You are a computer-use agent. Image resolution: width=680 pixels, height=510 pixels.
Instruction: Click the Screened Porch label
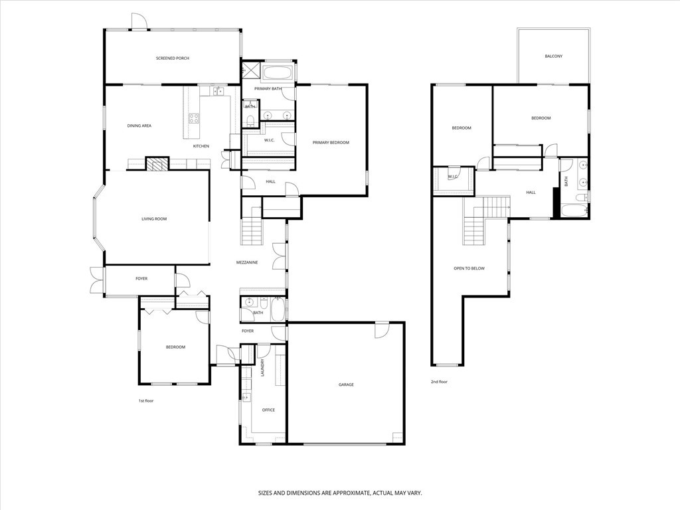point(173,58)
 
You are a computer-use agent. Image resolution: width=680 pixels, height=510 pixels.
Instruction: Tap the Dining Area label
point(139,126)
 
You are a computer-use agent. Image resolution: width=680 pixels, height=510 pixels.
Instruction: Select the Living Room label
point(154,219)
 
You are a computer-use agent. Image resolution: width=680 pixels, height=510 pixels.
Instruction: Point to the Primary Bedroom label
point(331,142)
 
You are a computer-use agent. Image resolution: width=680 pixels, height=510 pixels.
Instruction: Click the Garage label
point(346,384)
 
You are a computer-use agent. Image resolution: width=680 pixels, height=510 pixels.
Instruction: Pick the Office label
point(268,410)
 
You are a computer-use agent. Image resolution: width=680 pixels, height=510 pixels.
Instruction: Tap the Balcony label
point(554,56)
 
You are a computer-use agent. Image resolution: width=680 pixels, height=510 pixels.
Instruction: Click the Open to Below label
point(469,268)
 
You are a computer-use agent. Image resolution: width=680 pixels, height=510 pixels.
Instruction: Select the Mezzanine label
point(247,262)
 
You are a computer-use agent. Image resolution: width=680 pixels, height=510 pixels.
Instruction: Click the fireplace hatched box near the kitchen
point(157,164)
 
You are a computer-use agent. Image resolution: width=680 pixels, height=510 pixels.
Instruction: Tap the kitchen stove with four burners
point(193,118)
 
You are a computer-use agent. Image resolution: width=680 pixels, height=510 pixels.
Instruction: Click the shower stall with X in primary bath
point(250,69)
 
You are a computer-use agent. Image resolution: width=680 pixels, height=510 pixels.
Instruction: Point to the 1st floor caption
point(145,400)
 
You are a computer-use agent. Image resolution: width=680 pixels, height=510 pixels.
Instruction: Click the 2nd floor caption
point(439,382)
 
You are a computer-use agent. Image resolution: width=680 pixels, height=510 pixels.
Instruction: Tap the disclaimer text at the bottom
point(340,493)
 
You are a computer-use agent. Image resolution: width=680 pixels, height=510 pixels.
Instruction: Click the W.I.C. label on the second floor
point(453,177)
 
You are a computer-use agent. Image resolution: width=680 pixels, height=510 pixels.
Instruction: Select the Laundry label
point(262,368)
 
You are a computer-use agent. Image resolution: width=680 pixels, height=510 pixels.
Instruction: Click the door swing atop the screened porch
point(139,21)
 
